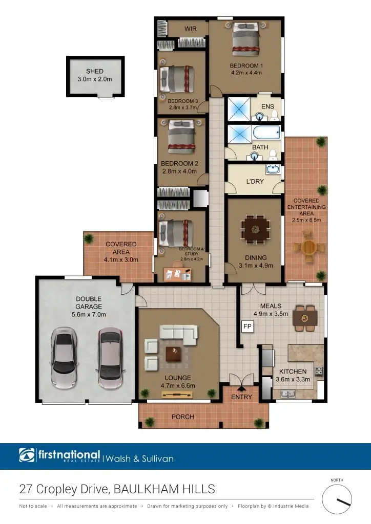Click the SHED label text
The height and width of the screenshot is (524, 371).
[x=95, y=72]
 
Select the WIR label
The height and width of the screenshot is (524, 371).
[x=191, y=29]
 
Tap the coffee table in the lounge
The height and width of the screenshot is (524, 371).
[x=173, y=354]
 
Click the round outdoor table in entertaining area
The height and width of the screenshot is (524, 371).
[x=309, y=248]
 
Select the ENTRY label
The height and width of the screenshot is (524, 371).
[x=242, y=397]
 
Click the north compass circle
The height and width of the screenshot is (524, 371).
[x=337, y=499]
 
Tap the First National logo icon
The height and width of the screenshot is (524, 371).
[x=27, y=455]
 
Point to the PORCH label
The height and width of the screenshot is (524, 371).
[x=182, y=417]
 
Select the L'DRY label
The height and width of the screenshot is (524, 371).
[x=255, y=182]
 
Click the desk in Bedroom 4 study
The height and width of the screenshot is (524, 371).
[x=177, y=274]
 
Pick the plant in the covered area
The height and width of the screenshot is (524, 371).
[x=89, y=238]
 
